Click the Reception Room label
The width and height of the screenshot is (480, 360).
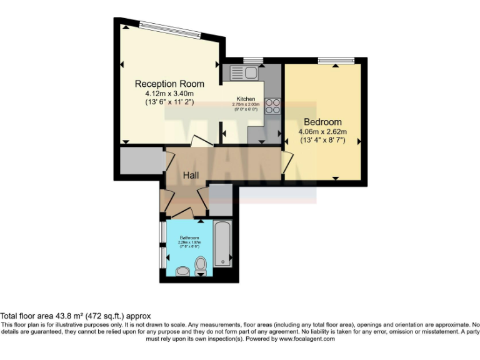[170, 84]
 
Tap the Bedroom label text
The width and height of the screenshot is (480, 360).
[322, 121]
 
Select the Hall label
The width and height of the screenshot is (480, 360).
[191, 176]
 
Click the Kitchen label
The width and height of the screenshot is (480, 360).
[246, 99]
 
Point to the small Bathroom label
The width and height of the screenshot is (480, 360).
[189, 238]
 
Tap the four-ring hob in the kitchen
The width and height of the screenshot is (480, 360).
[273, 106]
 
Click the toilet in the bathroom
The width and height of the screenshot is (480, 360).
[201, 267]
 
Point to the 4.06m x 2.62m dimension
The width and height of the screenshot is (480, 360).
[322, 132]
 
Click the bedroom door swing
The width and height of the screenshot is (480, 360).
[286, 164]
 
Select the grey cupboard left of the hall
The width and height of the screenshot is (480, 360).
[137, 162]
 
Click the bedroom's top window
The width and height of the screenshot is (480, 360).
[336, 61]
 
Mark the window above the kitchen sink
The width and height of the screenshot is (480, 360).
[252, 61]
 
